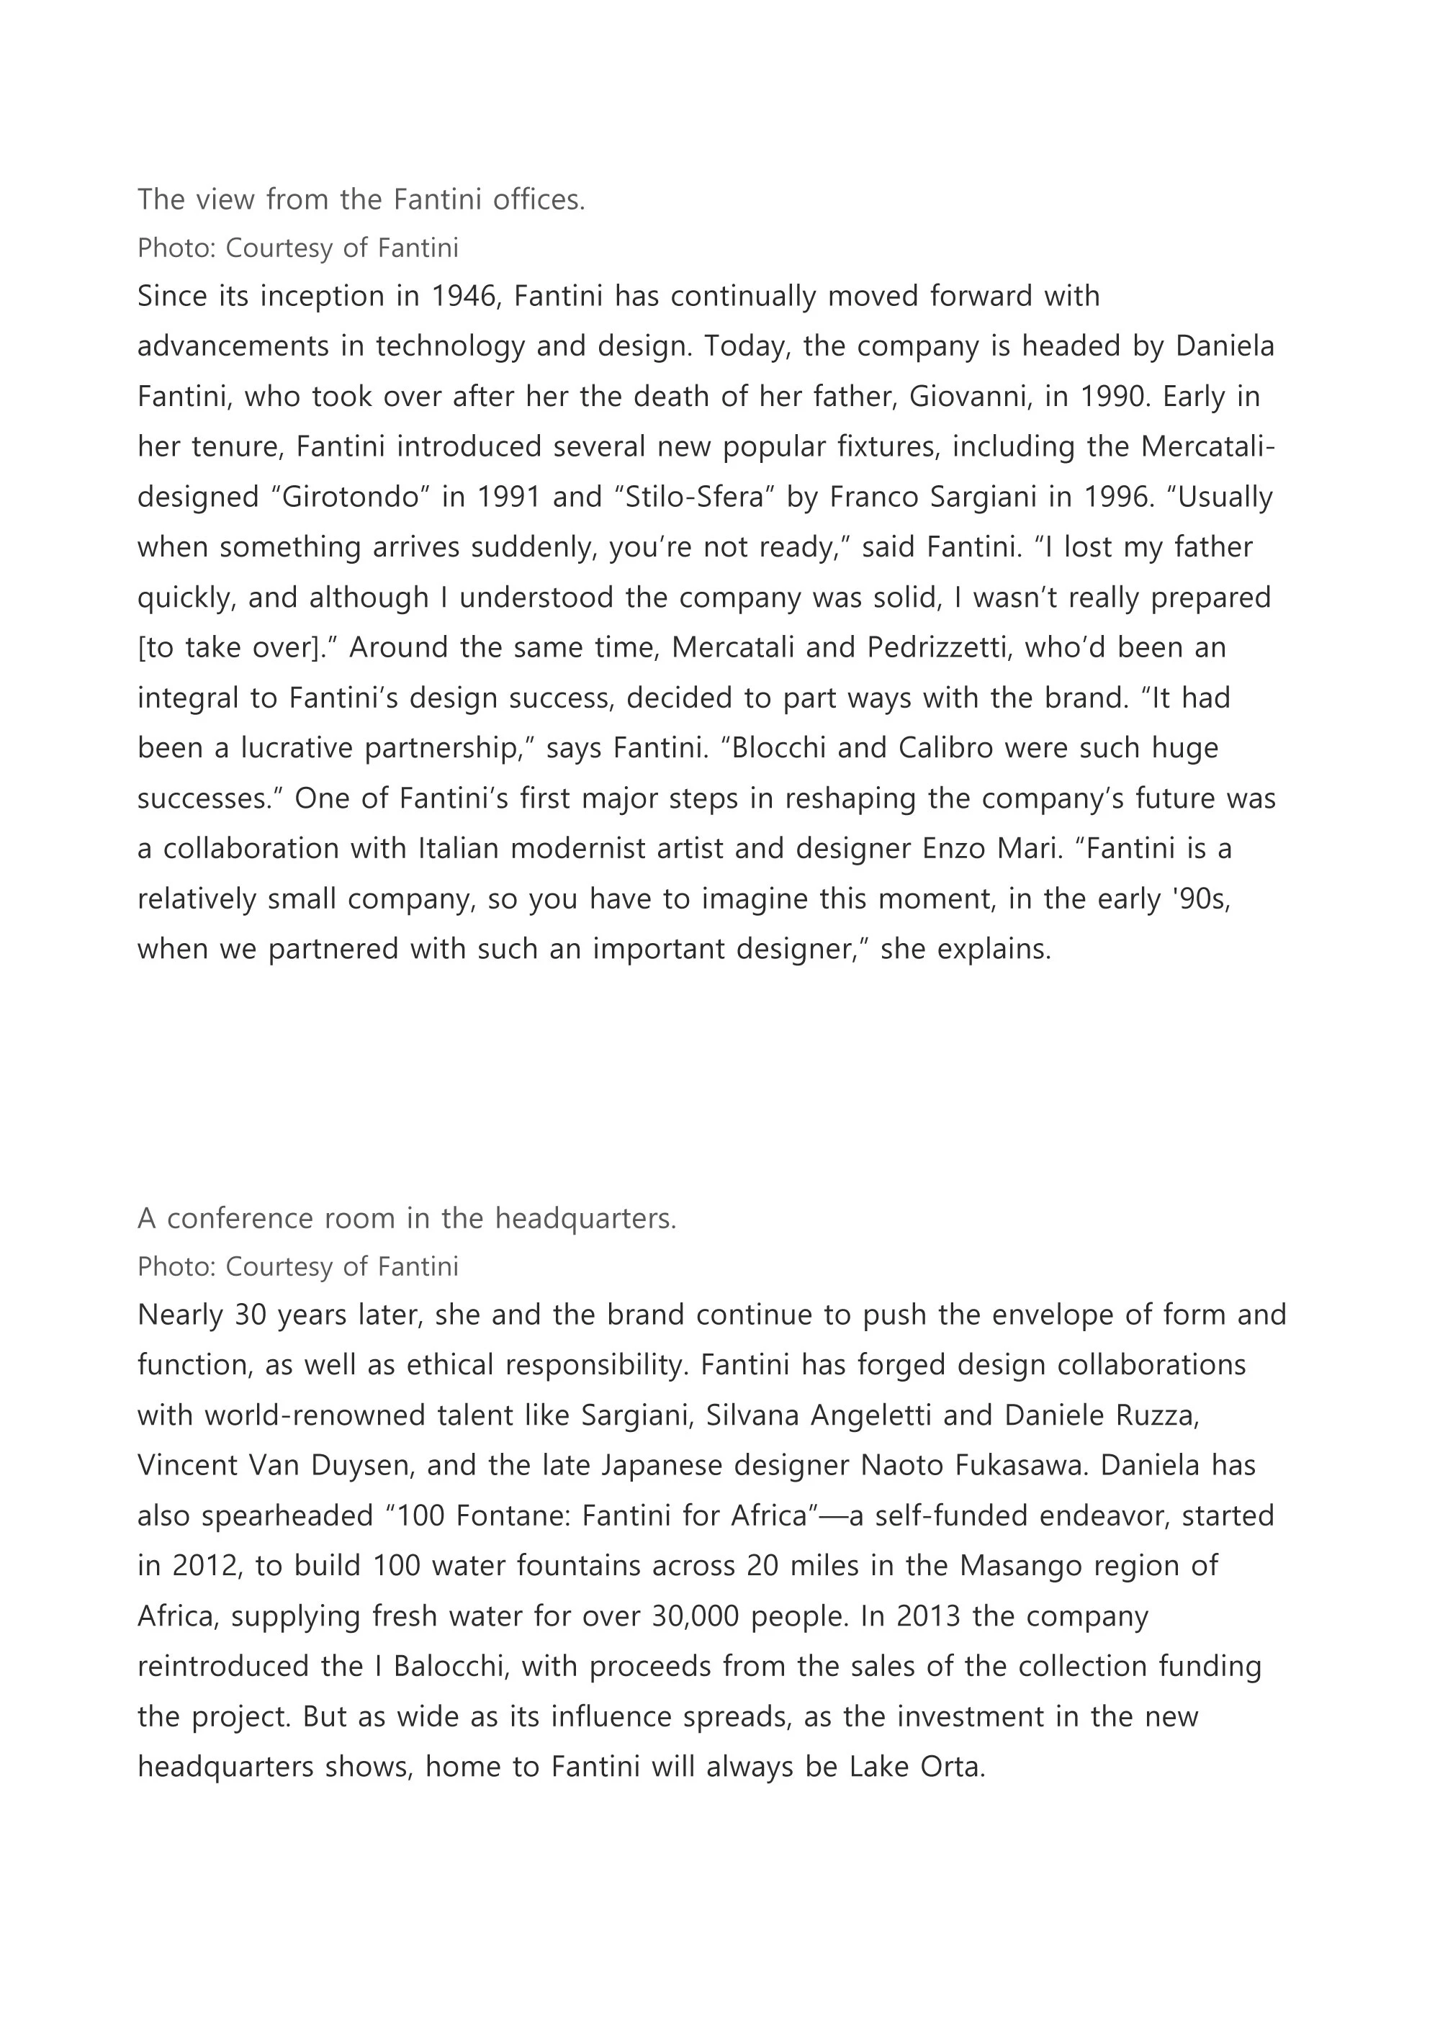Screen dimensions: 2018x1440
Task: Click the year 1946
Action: pos(466,296)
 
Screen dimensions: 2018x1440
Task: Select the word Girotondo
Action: pos(350,497)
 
